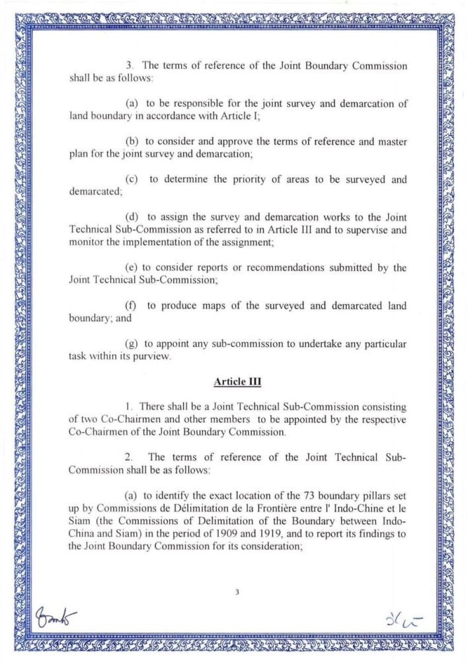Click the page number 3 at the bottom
click(x=236, y=593)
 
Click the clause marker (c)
click(x=132, y=180)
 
